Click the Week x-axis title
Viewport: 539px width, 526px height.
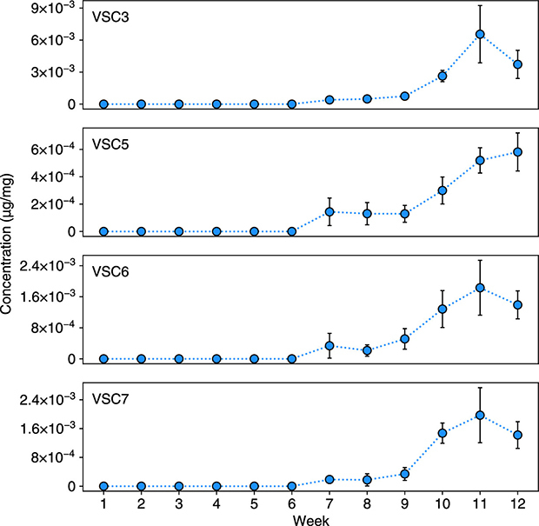(x=310, y=518)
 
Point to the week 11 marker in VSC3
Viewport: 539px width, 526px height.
(x=479, y=34)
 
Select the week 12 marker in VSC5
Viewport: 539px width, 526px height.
(x=517, y=152)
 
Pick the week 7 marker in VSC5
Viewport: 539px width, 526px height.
(x=329, y=211)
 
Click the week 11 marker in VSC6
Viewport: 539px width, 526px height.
(x=479, y=288)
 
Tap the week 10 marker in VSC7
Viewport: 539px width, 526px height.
(x=442, y=433)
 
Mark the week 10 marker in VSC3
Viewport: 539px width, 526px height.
(x=442, y=77)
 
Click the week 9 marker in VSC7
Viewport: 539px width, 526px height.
(x=404, y=474)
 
